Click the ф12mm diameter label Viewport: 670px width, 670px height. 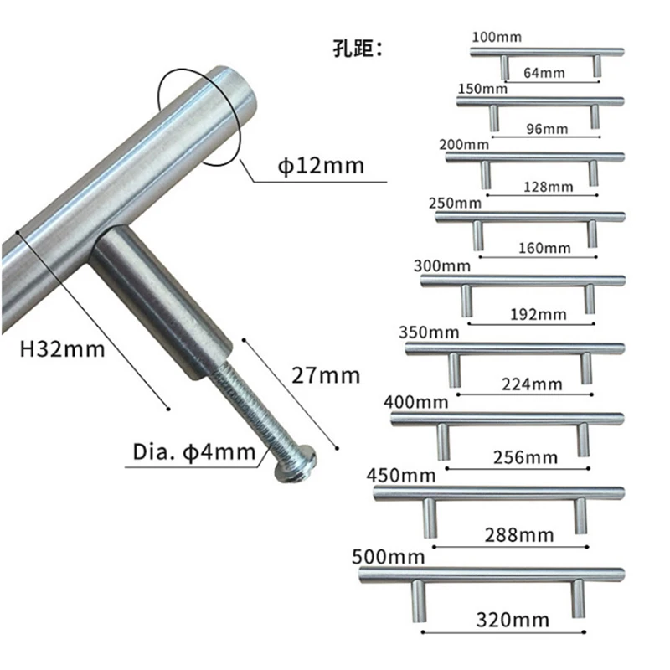pyautogui.click(x=321, y=166)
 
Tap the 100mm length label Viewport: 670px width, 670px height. pyautogui.click(x=497, y=38)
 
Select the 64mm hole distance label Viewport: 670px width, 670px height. pyautogui.click(x=544, y=73)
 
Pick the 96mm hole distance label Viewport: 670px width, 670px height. pyautogui.click(x=545, y=129)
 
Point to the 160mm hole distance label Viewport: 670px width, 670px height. pyautogui.click(x=544, y=248)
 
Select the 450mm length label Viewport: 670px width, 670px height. pyautogui.click(x=401, y=476)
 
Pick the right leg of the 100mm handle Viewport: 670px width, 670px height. pyautogui.click(x=596, y=67)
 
